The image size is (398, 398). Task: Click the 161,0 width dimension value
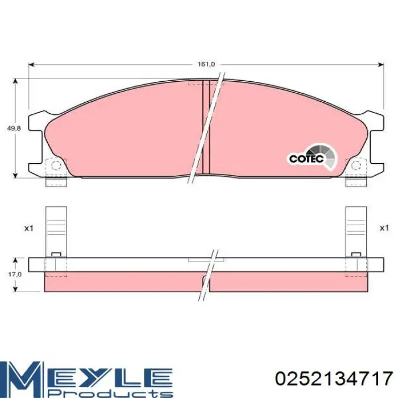[206, 64]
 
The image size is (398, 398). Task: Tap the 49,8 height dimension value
[14, 129]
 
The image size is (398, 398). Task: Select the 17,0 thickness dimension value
[14, 274]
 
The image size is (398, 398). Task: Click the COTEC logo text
[305, 159]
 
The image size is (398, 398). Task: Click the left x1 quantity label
[29, 228]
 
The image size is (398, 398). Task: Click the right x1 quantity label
[384, 228]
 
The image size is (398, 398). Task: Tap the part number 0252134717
[334, 378]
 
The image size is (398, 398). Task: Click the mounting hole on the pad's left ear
[56, 166]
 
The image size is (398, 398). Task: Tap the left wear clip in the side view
[56, 227]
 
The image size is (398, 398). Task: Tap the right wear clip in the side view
[356, 227]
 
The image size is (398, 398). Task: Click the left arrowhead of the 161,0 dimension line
[32, 64]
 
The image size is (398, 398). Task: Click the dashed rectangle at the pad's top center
[196, 83]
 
